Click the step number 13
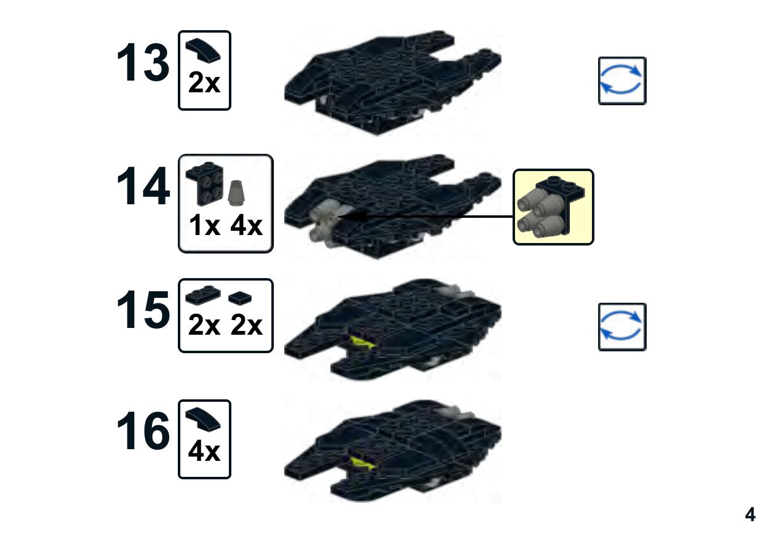pos(143,62)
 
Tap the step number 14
pos(143,186)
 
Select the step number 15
pos(143,309)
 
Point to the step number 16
pos(143,431)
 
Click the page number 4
pos(750,514)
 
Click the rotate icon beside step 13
pos(622,81)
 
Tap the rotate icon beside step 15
pos(622,327)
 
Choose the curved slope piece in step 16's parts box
pos(203,419)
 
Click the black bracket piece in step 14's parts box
pos(205,184)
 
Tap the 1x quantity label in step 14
pos(204,225)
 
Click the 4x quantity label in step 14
pos(246,225)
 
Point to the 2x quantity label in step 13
pos(204,82)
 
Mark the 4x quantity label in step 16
pos(204,451)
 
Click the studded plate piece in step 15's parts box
pos(203,295)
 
